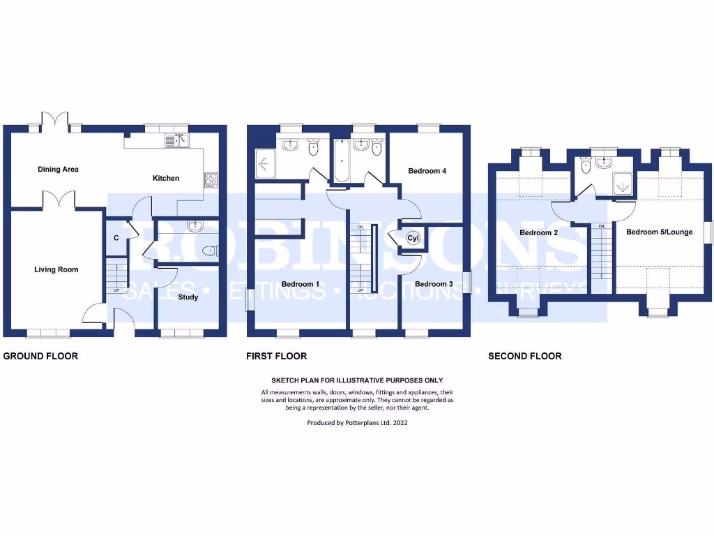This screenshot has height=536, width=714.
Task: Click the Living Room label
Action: pyautogui.click(x=56, y=269)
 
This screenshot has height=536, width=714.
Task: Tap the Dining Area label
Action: pyautogui.click(x=58, y=170)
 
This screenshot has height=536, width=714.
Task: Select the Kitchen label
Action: pyautogui.click(x=166, y=179)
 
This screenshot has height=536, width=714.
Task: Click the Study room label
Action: pyautogui.click(x=188, y=297)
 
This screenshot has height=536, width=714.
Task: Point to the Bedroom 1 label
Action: pyautogui.click(x=300, y=284)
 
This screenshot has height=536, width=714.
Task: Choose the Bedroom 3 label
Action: pyautogui.click(x=434, y=284)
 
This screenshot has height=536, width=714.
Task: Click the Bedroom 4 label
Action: pyautogui.click(x=427, y=171)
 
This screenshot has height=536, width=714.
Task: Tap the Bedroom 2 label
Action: pyautogui.click(x=538, y=233)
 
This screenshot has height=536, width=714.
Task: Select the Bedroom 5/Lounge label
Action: pyautogui.click(x=659, y=232)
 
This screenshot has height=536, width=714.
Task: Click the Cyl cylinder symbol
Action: pyautogui.click(x=412, y=239)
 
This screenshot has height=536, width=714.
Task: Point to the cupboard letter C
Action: pyautogui.click(x=116, y=238)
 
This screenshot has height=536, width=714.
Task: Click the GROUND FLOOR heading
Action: pyautogui.click(x=40, y=356)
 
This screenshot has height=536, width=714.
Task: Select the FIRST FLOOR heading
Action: pyautogui.click(x=276, y=356)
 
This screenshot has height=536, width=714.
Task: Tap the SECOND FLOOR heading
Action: pyautogui.click(x=524, y=356)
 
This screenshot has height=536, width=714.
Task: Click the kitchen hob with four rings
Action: pyautogui.click(x=211, y=180)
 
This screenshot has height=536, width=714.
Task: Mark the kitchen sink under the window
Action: pyautogui.click(x=177, y=141)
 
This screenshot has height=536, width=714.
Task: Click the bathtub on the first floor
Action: pyautogui.click(x=342, y=161)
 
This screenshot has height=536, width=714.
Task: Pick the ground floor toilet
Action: pyautogui.click(x=208, y=251)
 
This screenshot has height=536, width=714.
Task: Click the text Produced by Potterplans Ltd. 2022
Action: pyautogui.click(x=357, y=423)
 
